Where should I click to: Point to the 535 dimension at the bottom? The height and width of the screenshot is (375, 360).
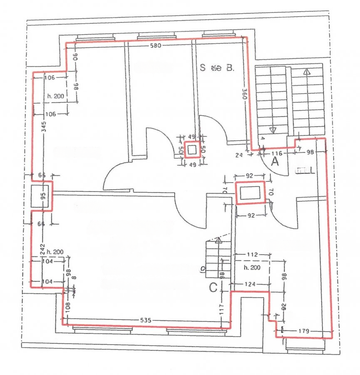(145, 320)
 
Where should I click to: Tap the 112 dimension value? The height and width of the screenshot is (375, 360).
(252, 254)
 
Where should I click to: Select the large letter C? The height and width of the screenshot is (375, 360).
(213, 287)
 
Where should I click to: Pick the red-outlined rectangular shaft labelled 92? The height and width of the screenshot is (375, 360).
(250, 193)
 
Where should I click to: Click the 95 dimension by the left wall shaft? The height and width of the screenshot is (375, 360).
(42, 196)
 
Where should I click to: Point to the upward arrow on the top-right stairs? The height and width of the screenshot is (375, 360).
(307, 72)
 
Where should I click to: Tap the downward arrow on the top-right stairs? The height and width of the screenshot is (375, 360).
(273, 130)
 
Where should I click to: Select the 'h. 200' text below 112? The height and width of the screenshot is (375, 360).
(252, 267)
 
